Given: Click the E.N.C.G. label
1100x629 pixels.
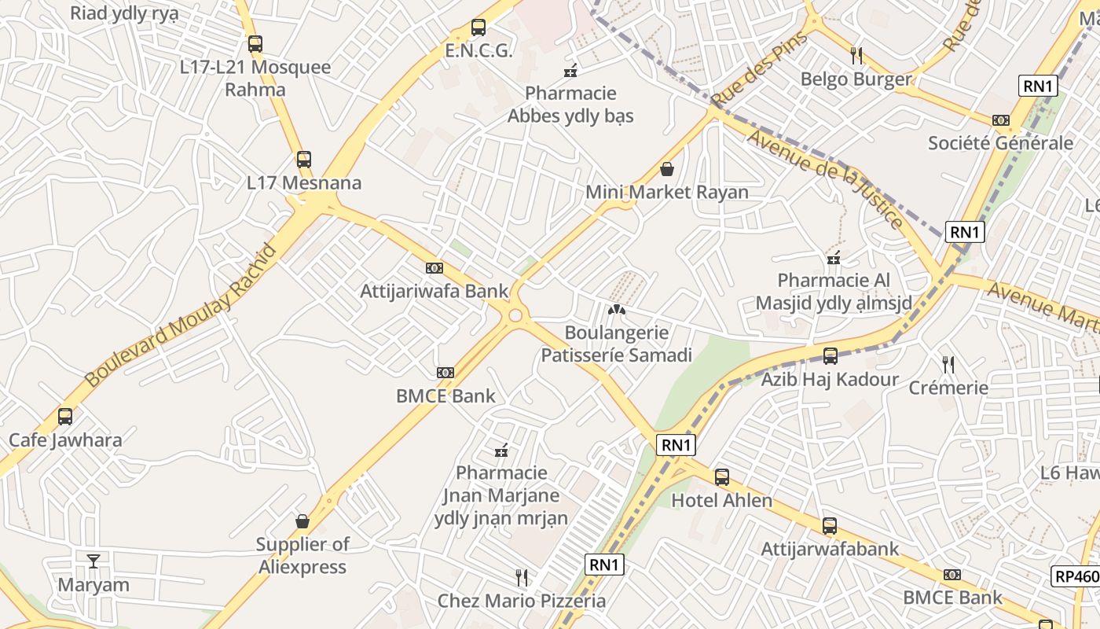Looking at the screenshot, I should coord(478,52).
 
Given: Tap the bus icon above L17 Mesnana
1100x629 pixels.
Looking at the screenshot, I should coord(304,160).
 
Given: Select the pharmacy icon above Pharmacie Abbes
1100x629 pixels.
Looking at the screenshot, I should coord(571,71).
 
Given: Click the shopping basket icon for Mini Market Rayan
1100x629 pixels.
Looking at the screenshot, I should coord(667,169).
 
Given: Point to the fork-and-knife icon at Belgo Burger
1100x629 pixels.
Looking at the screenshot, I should coord(856,55).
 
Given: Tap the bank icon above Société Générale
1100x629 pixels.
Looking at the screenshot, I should coord(1000,120).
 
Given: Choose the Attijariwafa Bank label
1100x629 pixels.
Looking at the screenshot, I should coord(434,291).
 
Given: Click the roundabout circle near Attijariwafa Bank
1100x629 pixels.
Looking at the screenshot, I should coord(515,316).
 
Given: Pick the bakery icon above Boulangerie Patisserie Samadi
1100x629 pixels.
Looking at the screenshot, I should coord(617,310).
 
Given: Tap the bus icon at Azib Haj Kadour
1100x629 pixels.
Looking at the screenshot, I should coord(830,356).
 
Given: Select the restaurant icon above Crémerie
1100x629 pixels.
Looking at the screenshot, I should coord(948,364).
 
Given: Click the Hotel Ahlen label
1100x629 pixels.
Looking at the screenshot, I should coord(721,500).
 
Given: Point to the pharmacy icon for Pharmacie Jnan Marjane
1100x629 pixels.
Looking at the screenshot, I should coord(501,451).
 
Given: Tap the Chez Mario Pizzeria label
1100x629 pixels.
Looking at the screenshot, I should coord(522,601).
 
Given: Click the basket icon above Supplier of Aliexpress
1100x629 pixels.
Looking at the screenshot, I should coord(302,521).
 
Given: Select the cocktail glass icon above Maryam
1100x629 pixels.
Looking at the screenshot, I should coord(93,561).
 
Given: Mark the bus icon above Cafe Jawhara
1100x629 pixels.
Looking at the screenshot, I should coord(65,416).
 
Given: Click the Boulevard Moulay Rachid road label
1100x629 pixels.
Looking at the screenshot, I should coord(181,315).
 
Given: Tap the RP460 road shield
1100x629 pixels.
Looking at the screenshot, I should coord(1076,576).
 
